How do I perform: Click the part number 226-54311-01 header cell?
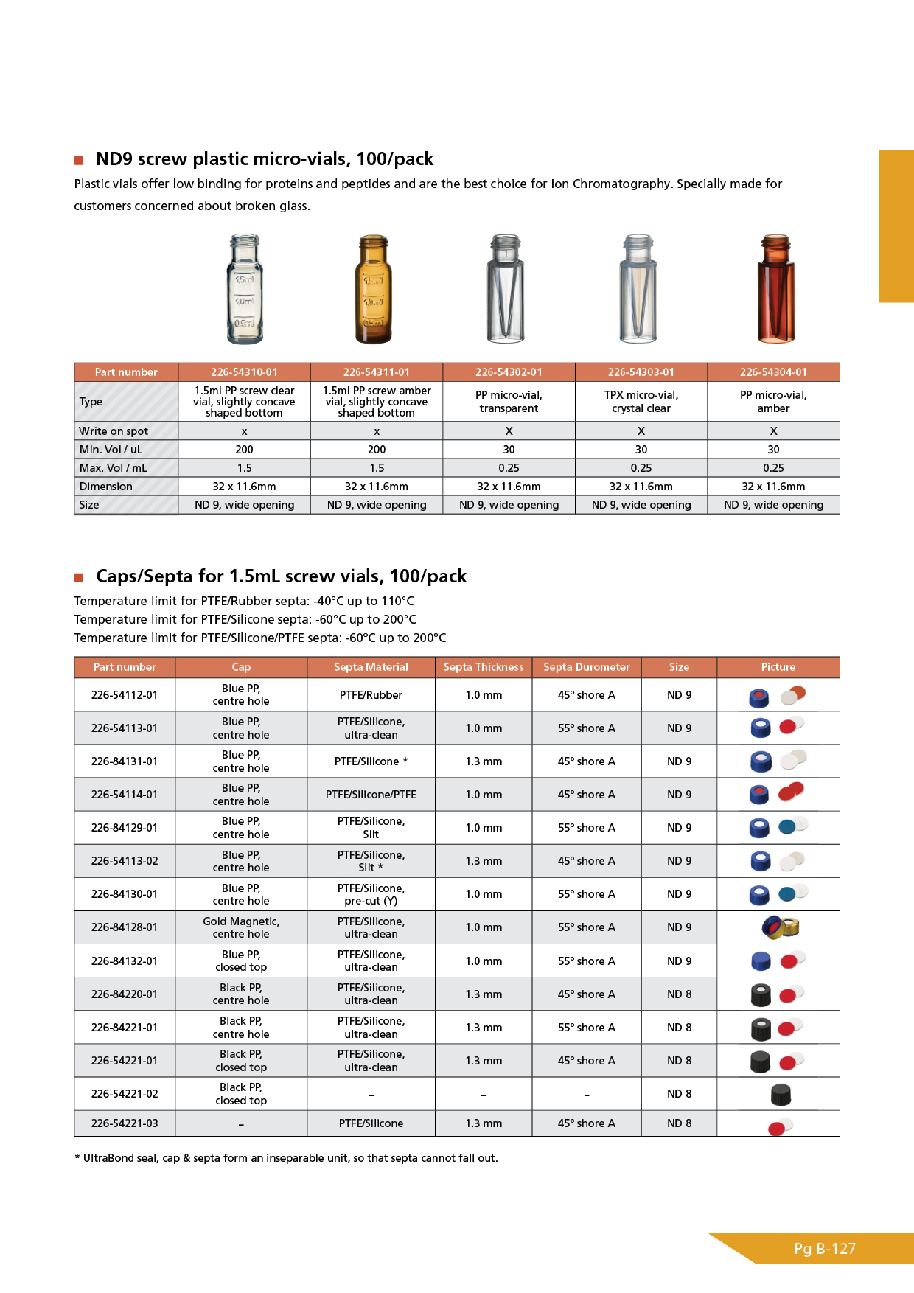tap(377, 372)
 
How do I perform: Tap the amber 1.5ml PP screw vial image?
tap(374, 289)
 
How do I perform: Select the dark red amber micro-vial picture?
tap(776, 289)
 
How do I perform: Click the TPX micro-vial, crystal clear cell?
tap(641, 402)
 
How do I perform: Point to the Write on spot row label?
tap(114, 431)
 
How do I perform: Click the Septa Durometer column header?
tap(587, 667)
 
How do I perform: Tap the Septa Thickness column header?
tap(484, 667)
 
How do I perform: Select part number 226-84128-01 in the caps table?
tap(125, 927)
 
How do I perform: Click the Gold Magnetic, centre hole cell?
tap(241, 927)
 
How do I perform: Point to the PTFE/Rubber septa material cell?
tap(371, 695)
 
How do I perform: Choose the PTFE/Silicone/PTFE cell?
tap(371, 795)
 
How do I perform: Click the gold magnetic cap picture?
tap(780, 927)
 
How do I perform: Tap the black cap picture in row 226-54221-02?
tap(780, 1095)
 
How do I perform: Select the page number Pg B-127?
tap(825, 1249)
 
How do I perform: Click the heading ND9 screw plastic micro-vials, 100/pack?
tap(265, 159)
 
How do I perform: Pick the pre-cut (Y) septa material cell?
tap(371, 894)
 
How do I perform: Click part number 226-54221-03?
tap(125, 1123)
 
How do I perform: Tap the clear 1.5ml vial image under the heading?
tap(245, 289)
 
